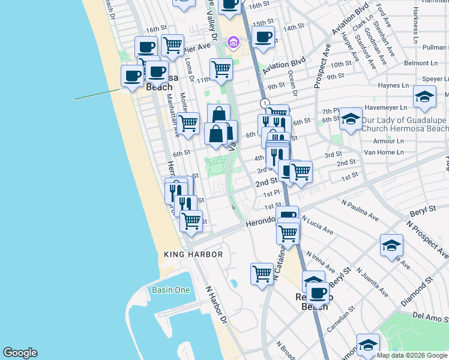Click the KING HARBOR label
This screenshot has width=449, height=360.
click(193, 254)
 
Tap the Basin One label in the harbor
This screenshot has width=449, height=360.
click(170, 290)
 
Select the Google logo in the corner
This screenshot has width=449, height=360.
click(20, 353)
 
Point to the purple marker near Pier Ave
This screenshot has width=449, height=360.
click(232, 43)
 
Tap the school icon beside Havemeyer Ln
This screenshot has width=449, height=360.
click(424, 97)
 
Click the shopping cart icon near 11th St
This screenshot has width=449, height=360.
click(221, 69)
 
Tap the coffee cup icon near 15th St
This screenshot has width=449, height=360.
click(263, 37)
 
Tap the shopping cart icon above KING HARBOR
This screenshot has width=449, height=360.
click(191, 220)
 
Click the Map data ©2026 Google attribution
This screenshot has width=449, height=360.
click(412, 355)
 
